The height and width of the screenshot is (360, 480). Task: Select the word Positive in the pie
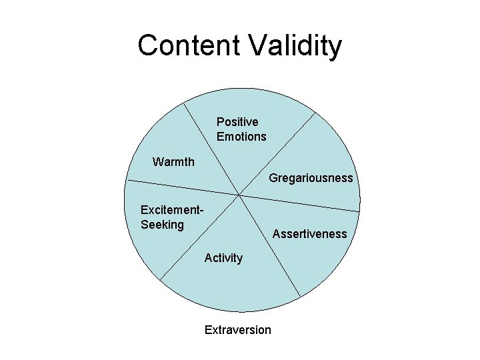pyautogui.click(x=237, y=122)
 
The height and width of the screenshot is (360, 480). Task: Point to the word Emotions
pyautogui.click(x=241, y=137)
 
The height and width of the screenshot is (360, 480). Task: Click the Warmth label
pyautogui.click(x=173, y=162)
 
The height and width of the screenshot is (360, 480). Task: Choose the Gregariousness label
pyautogui.click(x=311, y=179)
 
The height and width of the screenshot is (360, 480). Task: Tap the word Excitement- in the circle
pyautogui.click(x=172, y=210)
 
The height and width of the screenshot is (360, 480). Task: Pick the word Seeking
pyautogui.click(x=162, y=225)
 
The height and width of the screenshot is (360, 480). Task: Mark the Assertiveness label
pyautogui.click(x=309, y=234)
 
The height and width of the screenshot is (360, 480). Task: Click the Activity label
pyautogui.click(x=223, y=258)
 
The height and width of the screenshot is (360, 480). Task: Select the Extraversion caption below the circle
pyautogui.click(x=238, y=330)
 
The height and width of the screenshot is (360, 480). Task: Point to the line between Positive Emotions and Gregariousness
pyautogui.click(x=277, y=155)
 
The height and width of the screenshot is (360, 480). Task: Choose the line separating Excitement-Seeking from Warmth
pyautogui.click(x=183, y=187)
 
